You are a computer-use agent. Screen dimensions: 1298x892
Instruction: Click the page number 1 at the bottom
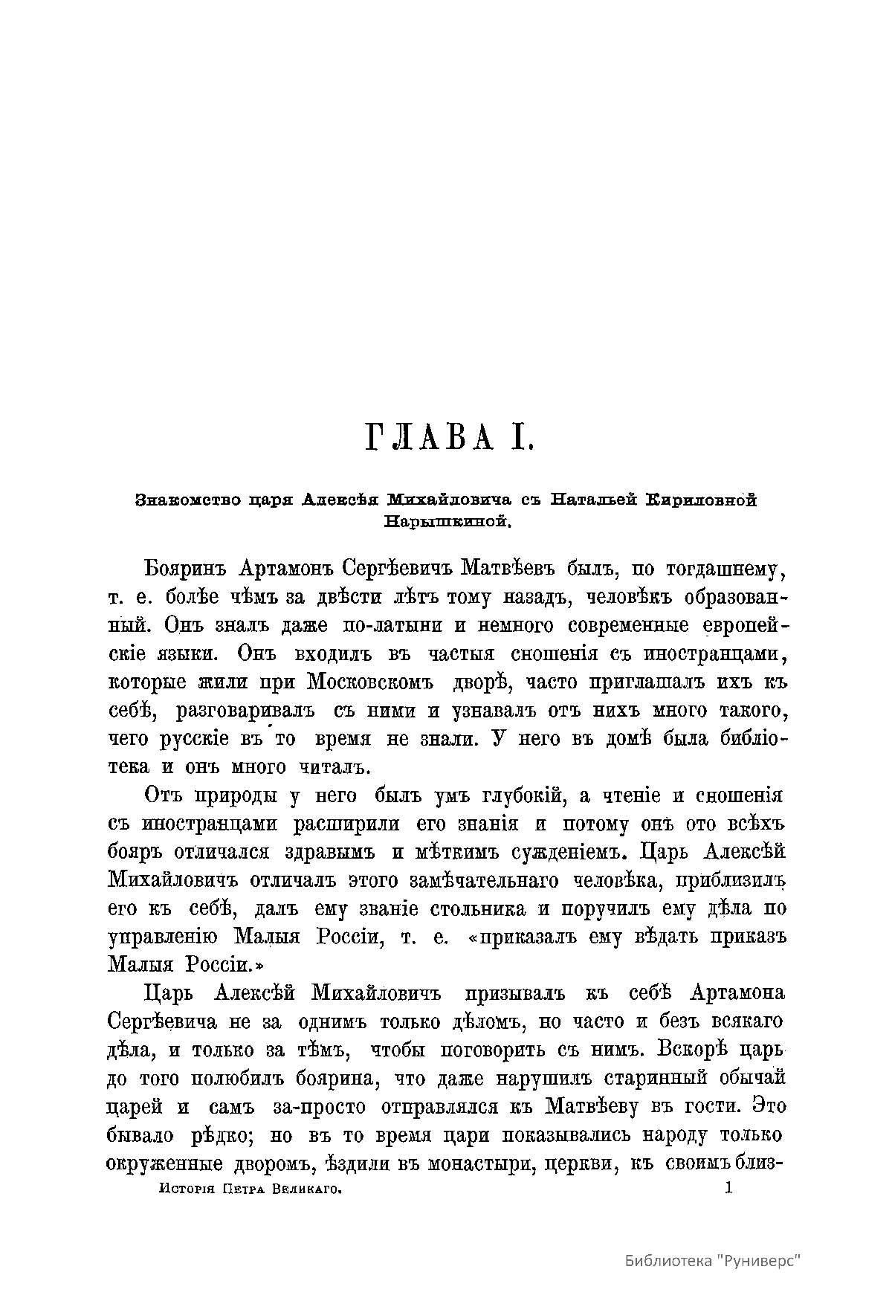click(x=728, y=1189)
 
